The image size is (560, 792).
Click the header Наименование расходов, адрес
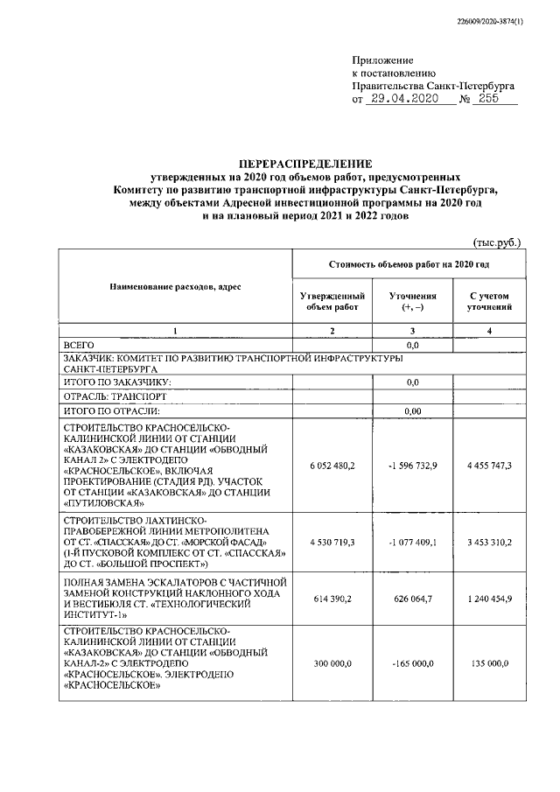click(x=174, y=287)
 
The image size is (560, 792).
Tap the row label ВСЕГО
click(x=80, y=346)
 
